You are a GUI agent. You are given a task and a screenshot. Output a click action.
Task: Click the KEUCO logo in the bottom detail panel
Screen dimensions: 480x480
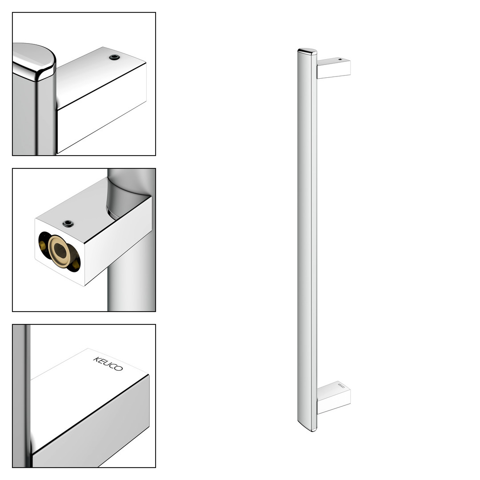(108, 364)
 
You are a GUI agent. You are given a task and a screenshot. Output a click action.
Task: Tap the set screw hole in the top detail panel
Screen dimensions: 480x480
(114, 57)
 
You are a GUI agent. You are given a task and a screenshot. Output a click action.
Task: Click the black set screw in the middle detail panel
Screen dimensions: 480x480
(68, 224)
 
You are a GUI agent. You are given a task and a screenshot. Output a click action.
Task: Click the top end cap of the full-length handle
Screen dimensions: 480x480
(308, 51)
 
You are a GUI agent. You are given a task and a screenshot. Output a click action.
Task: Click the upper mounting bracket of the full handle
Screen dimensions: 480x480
(334, 68)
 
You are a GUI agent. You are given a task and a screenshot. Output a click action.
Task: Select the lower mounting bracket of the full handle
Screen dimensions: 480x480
(334, 397)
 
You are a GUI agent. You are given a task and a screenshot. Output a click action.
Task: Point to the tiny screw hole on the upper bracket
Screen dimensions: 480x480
(340, 59)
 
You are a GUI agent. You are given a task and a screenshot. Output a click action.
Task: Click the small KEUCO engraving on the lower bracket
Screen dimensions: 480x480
(341, 385)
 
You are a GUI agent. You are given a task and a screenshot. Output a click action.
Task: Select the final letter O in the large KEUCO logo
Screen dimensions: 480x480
(119, 368)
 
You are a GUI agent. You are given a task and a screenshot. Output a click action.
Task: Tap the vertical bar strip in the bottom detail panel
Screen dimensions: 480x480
(21, 396)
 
